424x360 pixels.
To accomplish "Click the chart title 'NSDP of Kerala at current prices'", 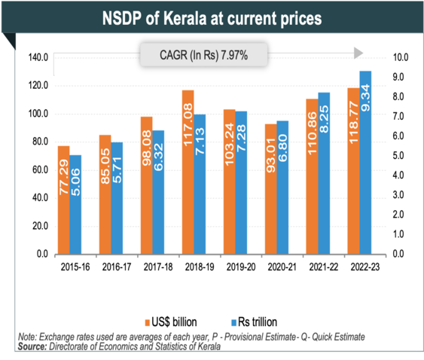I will [212, 17].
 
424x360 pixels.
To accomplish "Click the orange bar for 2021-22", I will [312, 176].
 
